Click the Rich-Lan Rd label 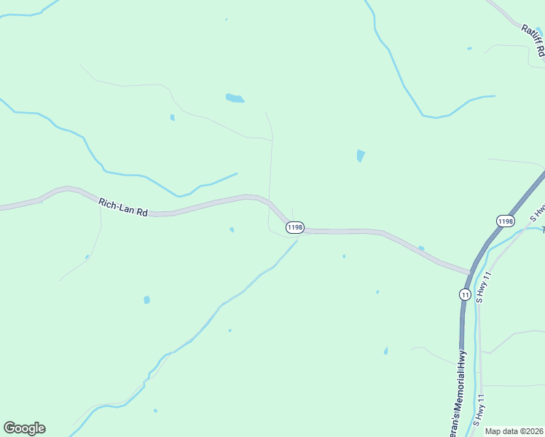(123, 208)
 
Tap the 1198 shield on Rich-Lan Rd (294, 227)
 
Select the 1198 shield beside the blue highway (505, 220)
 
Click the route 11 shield (465, 294)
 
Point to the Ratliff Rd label (533, 40)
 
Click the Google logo (24, 428)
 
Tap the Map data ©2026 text (514, 431)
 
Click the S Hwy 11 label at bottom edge (479, 411)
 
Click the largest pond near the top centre (235, 98)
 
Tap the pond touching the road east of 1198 (421, 249)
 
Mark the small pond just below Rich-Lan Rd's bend (232, 230)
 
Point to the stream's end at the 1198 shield (296, 241)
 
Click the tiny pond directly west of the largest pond (173, 117)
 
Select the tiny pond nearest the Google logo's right (155, 411)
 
